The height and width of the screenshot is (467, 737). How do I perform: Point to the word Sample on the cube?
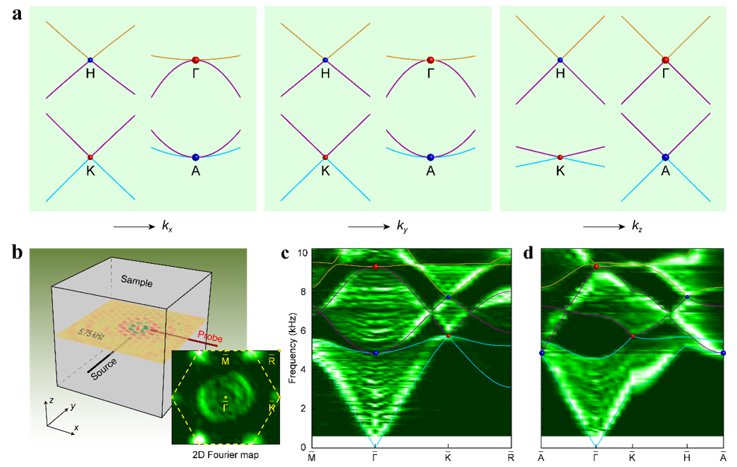pos(137,283)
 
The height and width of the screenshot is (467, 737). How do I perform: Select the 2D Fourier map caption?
pos(225,454)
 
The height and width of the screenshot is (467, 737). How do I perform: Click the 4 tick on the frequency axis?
pos(303,369)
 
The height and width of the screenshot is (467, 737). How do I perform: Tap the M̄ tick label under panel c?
pos(312,456)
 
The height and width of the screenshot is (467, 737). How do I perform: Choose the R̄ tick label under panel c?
pos(511,456)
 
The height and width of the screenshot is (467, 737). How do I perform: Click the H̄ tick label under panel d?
pos(686,456)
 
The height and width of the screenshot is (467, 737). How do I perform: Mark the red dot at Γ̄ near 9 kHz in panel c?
pos(376,266)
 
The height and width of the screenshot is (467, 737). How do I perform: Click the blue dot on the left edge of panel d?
pos(541,352)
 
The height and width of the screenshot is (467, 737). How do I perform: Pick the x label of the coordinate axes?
pos(75,428)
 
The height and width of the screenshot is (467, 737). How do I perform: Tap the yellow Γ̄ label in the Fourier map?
pos(225,404)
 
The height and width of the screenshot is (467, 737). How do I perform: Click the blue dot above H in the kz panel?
pos(559,60)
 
